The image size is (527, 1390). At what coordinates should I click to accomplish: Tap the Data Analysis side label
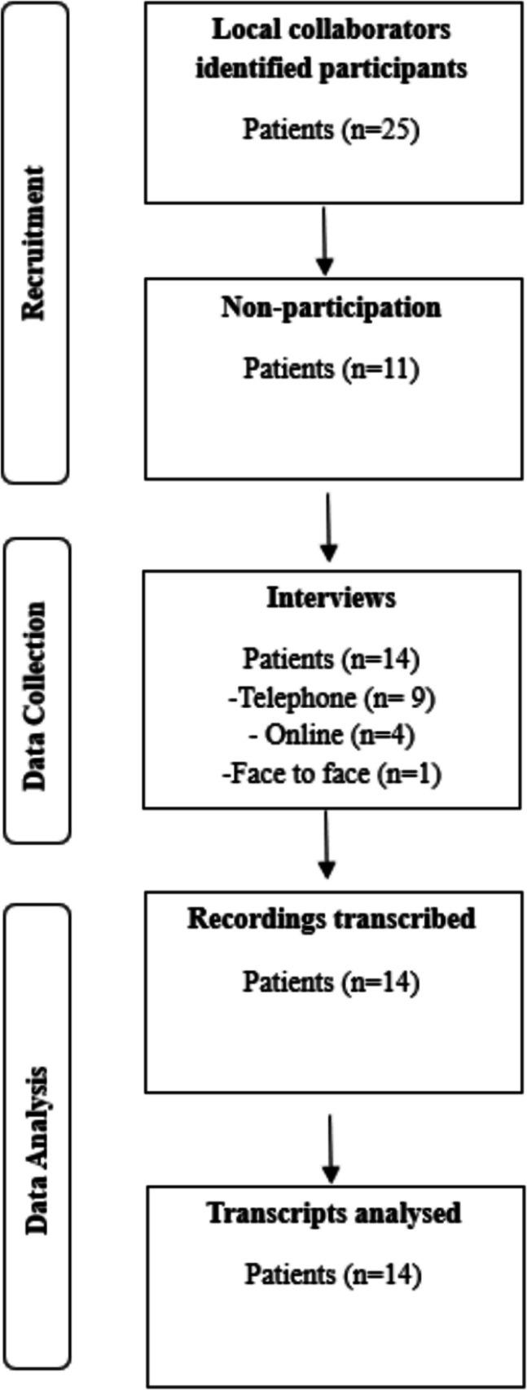(35, 1137)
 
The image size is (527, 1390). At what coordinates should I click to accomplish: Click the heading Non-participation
(331, 308)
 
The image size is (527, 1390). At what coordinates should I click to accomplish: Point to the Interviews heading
(331, 597)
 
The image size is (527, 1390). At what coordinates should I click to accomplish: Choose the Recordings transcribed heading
(331, 918)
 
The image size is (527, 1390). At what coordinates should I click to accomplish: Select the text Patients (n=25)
(331, 130)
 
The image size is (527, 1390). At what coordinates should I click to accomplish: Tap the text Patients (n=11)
(331, 368)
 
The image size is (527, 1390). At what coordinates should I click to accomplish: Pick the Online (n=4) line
(331, 735)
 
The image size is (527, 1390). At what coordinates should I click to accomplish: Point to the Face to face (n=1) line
(331, 772)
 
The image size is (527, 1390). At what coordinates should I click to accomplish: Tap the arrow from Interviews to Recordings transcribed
(326, 846)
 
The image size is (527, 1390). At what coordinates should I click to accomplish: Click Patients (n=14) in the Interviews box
(331, 658)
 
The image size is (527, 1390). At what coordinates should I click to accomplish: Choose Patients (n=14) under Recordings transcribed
(331, 981)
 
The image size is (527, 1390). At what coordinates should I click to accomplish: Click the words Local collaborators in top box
(331, 31)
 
